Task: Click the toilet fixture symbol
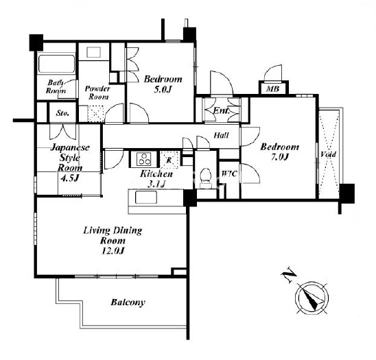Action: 206,178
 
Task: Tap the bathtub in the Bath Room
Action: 56,64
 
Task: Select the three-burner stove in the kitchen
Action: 143,159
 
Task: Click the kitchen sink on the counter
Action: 146,197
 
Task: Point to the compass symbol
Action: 312,298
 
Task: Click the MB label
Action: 273,89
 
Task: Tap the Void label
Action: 328,154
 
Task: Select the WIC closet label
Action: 229,173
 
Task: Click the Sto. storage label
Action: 62,113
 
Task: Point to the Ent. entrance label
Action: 222,110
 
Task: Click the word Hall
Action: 221,135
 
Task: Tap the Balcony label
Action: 128,302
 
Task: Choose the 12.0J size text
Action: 113,251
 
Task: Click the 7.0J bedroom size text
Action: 280,157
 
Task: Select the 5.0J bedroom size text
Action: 163,89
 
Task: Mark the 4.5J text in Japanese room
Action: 69,178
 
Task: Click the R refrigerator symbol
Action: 169,160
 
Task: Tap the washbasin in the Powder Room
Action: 93,52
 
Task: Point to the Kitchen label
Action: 156,173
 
